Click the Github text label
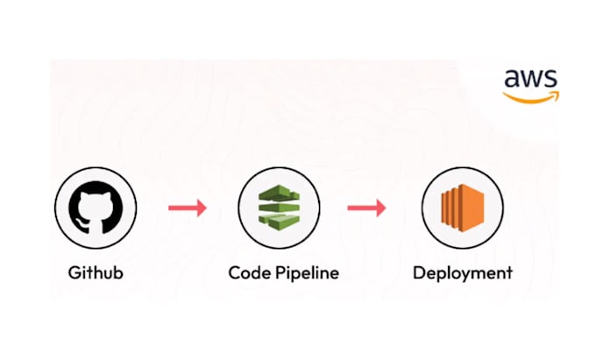tap(96, 272)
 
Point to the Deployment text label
tap(462, 273)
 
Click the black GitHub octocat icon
tap(96, 208)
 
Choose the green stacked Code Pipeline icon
tap(278, 208)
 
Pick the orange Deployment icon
tap(462, 208)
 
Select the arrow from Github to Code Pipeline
tap(187, 208)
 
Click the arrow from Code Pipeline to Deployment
tap(366, 208)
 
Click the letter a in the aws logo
tap(511, 81)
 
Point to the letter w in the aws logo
tap(530, 81)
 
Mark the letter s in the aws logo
tap(550, 81)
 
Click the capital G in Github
tap(74, 272)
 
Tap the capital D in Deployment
tap(419, 272)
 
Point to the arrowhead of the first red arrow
tap(201, 208)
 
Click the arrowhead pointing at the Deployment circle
tap(380, 208)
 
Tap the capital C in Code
tap(234, 272)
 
